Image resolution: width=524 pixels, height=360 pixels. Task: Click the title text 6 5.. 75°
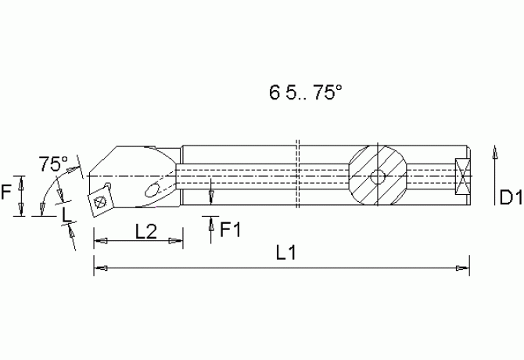(x=306, y=92)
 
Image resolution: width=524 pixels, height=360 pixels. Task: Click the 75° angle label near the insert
(x=53, y=164)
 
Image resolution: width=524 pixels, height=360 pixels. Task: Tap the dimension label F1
(x=230, y=229)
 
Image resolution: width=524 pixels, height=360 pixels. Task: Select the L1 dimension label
(x=286, y=253)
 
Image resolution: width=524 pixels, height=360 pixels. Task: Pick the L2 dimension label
(x=146, y=232)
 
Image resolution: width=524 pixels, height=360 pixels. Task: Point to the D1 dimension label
(x=511, y=197)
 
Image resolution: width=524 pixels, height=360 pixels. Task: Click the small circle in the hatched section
(x=378, y=177)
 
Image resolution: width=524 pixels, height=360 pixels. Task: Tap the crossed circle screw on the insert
(x=100, y=202)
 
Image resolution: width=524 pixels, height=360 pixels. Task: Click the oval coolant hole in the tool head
(x=152, y=190)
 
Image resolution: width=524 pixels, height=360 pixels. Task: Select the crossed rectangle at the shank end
(x=462, y=177)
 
